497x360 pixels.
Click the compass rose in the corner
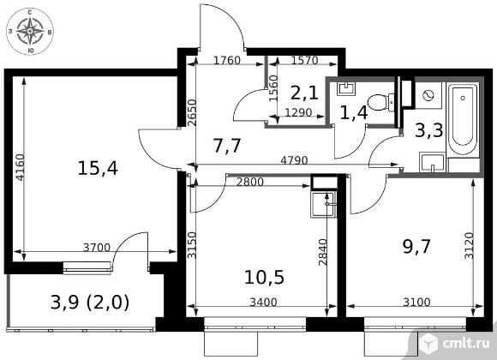click(30, 31)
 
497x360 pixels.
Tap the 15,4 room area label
click(98, 168)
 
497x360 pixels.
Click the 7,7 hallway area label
click(228, 147)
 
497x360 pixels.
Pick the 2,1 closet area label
click(304, 93)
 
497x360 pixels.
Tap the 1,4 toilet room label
click(354, 113)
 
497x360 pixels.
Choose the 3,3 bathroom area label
click(428, 130)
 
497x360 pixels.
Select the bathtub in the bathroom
click(463, 120)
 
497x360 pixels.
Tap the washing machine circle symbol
click(428, 95)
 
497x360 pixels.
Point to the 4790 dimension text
click(294, 160)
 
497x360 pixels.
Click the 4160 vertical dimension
click(20, 167)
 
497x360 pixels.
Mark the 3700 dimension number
click(97, 247)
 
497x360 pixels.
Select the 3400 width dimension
click(263, 302)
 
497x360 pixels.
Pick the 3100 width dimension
click(416, 302)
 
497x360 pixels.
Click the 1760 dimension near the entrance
click(227, 60)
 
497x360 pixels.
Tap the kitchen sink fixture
click(324, 204)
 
